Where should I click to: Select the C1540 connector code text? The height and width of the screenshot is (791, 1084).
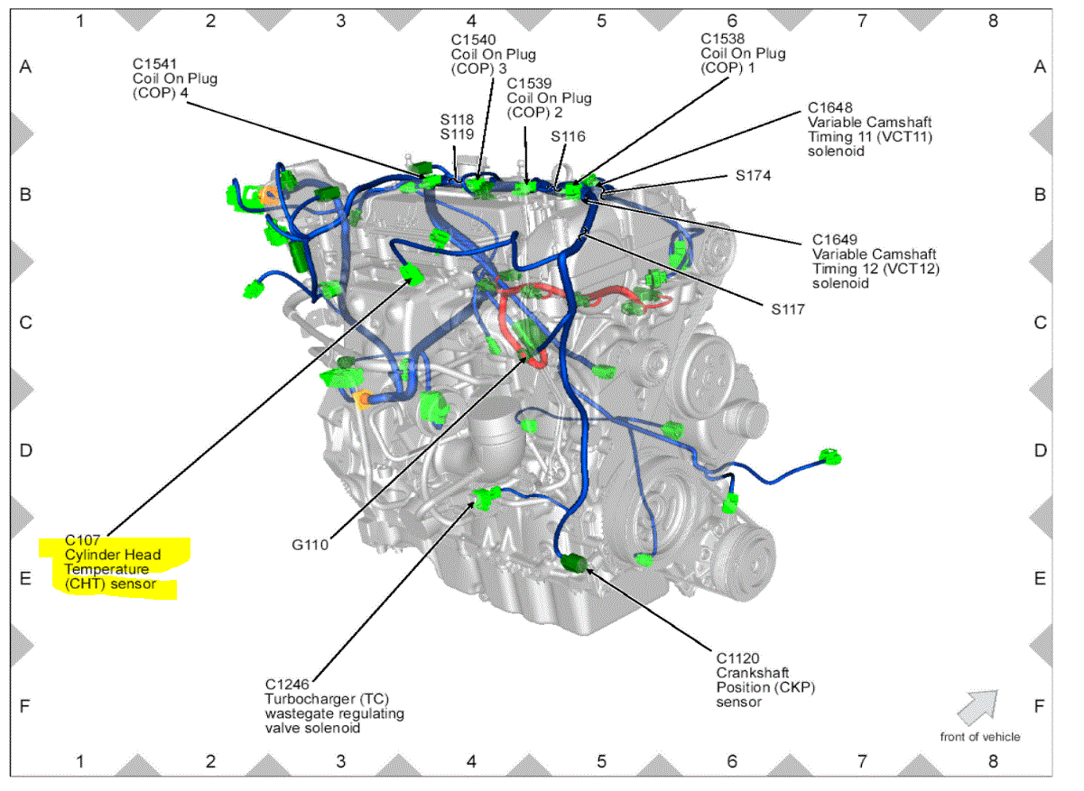point(473,40)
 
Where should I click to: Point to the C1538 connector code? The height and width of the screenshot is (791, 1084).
point(724,40)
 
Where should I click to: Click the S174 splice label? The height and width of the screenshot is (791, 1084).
point(753,176)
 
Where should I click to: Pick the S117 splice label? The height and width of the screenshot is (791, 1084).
point(788,308)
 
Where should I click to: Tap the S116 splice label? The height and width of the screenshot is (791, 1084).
point(569,136)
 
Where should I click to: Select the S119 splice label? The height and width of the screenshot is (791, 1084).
point(457,133)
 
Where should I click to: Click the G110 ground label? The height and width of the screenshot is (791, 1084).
point(310,544)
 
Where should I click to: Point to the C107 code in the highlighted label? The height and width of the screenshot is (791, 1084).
point(82,539)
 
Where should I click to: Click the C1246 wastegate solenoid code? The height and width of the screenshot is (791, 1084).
point(288,685)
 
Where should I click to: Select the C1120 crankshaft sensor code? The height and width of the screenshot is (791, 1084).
point(739,658)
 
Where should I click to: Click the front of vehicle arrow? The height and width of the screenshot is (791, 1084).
point(977,707)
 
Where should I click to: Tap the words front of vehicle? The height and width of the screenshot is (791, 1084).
point(979,737)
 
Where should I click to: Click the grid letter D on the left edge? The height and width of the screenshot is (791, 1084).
point(25,450)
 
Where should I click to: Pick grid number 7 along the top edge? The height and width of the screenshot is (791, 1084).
point(862,20)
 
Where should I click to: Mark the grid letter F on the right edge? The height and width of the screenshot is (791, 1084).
point(1040,706)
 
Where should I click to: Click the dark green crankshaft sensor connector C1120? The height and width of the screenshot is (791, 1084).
point(575,564)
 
